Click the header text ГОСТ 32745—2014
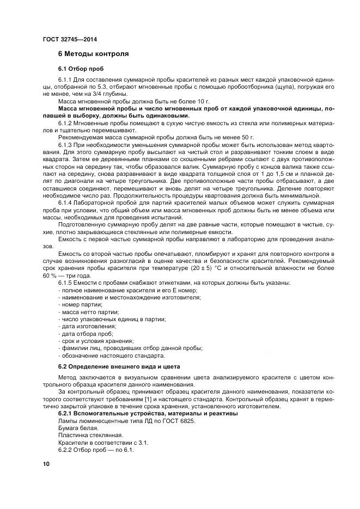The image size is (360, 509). pyautogui.click(x=69, y=39)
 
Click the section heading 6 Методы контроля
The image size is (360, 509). pyautogui.click(x=93, y=54)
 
